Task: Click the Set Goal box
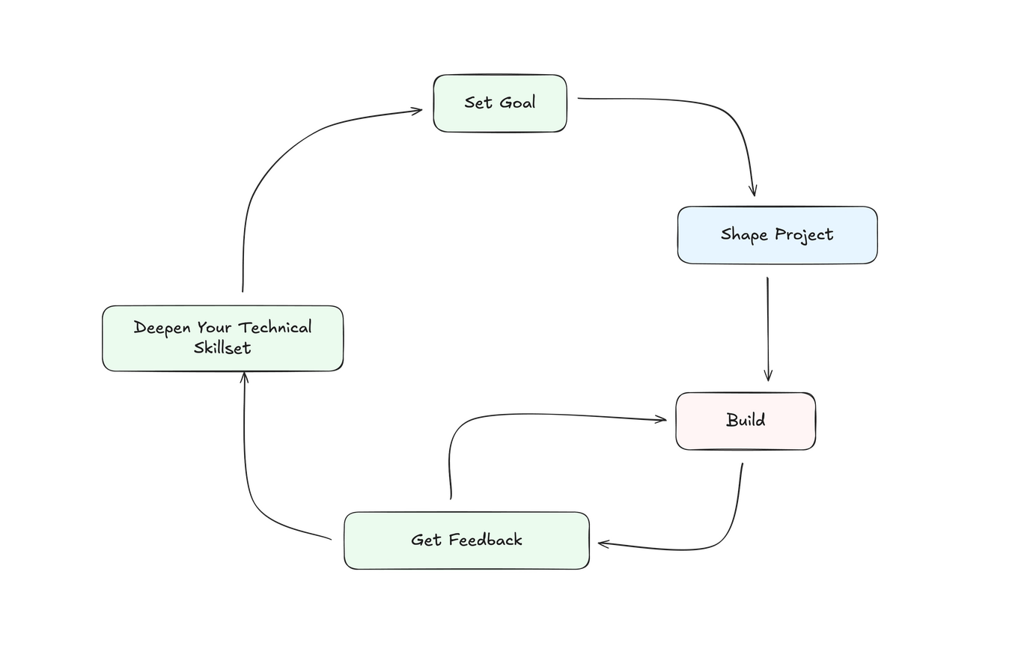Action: pyautogui.click(x=500, y=104)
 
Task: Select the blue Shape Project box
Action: pyautogui.click(x=777, y=235)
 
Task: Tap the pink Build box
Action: pyautogui.click(x=746, y=421)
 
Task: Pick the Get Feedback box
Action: pyautogui.click(x=466, y=540)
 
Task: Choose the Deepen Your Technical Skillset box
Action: pyautogui.click(x=222, y=338)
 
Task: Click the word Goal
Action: pyautogui.click(x=518, y=103)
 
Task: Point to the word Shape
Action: pyautogui.click(x=744, y=235)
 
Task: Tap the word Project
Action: pyautogui.click(x=804, y=235)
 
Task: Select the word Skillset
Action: pyautogui.click(x=222, y=348)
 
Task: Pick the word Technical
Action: pyautogui.click(x=275, y=328)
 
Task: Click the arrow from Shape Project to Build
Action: pyautogui.click(x=767, y=329)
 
